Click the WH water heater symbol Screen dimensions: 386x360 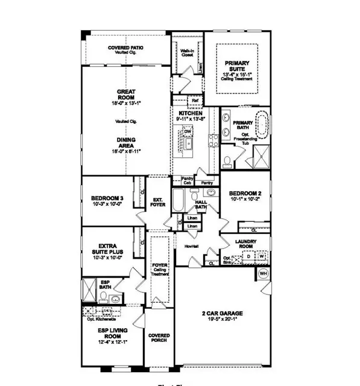[262, 274]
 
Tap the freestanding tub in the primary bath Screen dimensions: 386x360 [262, 124]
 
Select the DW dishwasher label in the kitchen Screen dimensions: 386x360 [188, 131]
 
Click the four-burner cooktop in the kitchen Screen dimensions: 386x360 [213, 141]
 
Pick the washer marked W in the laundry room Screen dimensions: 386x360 [262, 256]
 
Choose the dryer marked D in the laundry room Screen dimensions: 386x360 [248, 256]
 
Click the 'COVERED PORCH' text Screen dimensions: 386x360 [159, 338]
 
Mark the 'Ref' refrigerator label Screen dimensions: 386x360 [195, 101]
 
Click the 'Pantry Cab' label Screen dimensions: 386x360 [188, 180]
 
